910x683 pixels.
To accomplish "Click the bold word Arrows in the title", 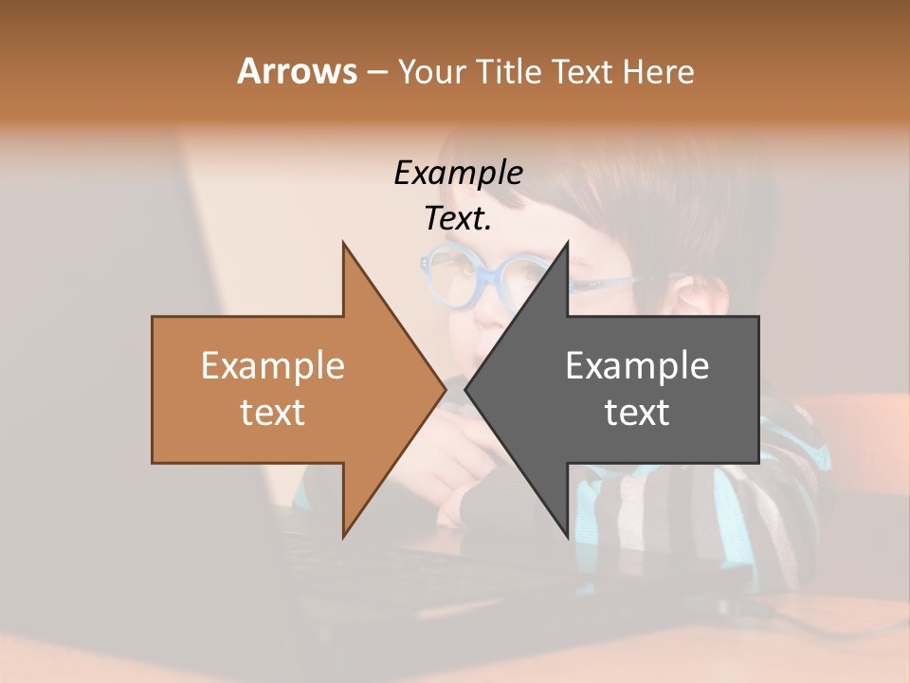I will (297, 71).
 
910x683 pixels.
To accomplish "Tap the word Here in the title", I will (658, 71).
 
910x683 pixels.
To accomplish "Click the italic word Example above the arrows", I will (458, 173).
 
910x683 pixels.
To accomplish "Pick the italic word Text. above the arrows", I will (458, 218).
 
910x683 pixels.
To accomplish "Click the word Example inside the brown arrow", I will (272, 366).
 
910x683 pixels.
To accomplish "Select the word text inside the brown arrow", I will (272, 413).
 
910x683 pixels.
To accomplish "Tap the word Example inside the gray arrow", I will (637, 366).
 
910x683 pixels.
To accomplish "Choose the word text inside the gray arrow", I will (637, 413).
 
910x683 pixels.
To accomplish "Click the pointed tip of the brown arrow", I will (445, 389).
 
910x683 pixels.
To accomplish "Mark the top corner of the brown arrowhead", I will (344, 244).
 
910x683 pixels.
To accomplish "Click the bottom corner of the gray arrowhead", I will (567, 537).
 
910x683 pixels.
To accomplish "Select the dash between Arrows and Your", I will (376, 73).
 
